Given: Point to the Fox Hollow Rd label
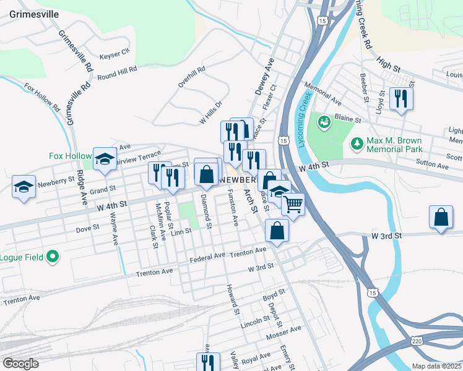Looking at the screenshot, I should (42, 97).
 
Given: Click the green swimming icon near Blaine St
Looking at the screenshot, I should (323, 122).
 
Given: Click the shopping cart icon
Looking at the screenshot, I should (293, 203).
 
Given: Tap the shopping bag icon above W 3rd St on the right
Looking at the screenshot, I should (440, 218).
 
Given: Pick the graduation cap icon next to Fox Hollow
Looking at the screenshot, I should (105, 158).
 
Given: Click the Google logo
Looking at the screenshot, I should (20, 364).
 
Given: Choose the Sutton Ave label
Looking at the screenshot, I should (433, 166).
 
